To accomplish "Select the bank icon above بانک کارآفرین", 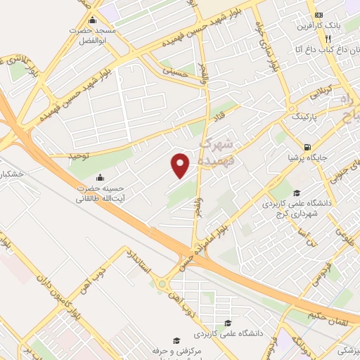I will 319,15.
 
